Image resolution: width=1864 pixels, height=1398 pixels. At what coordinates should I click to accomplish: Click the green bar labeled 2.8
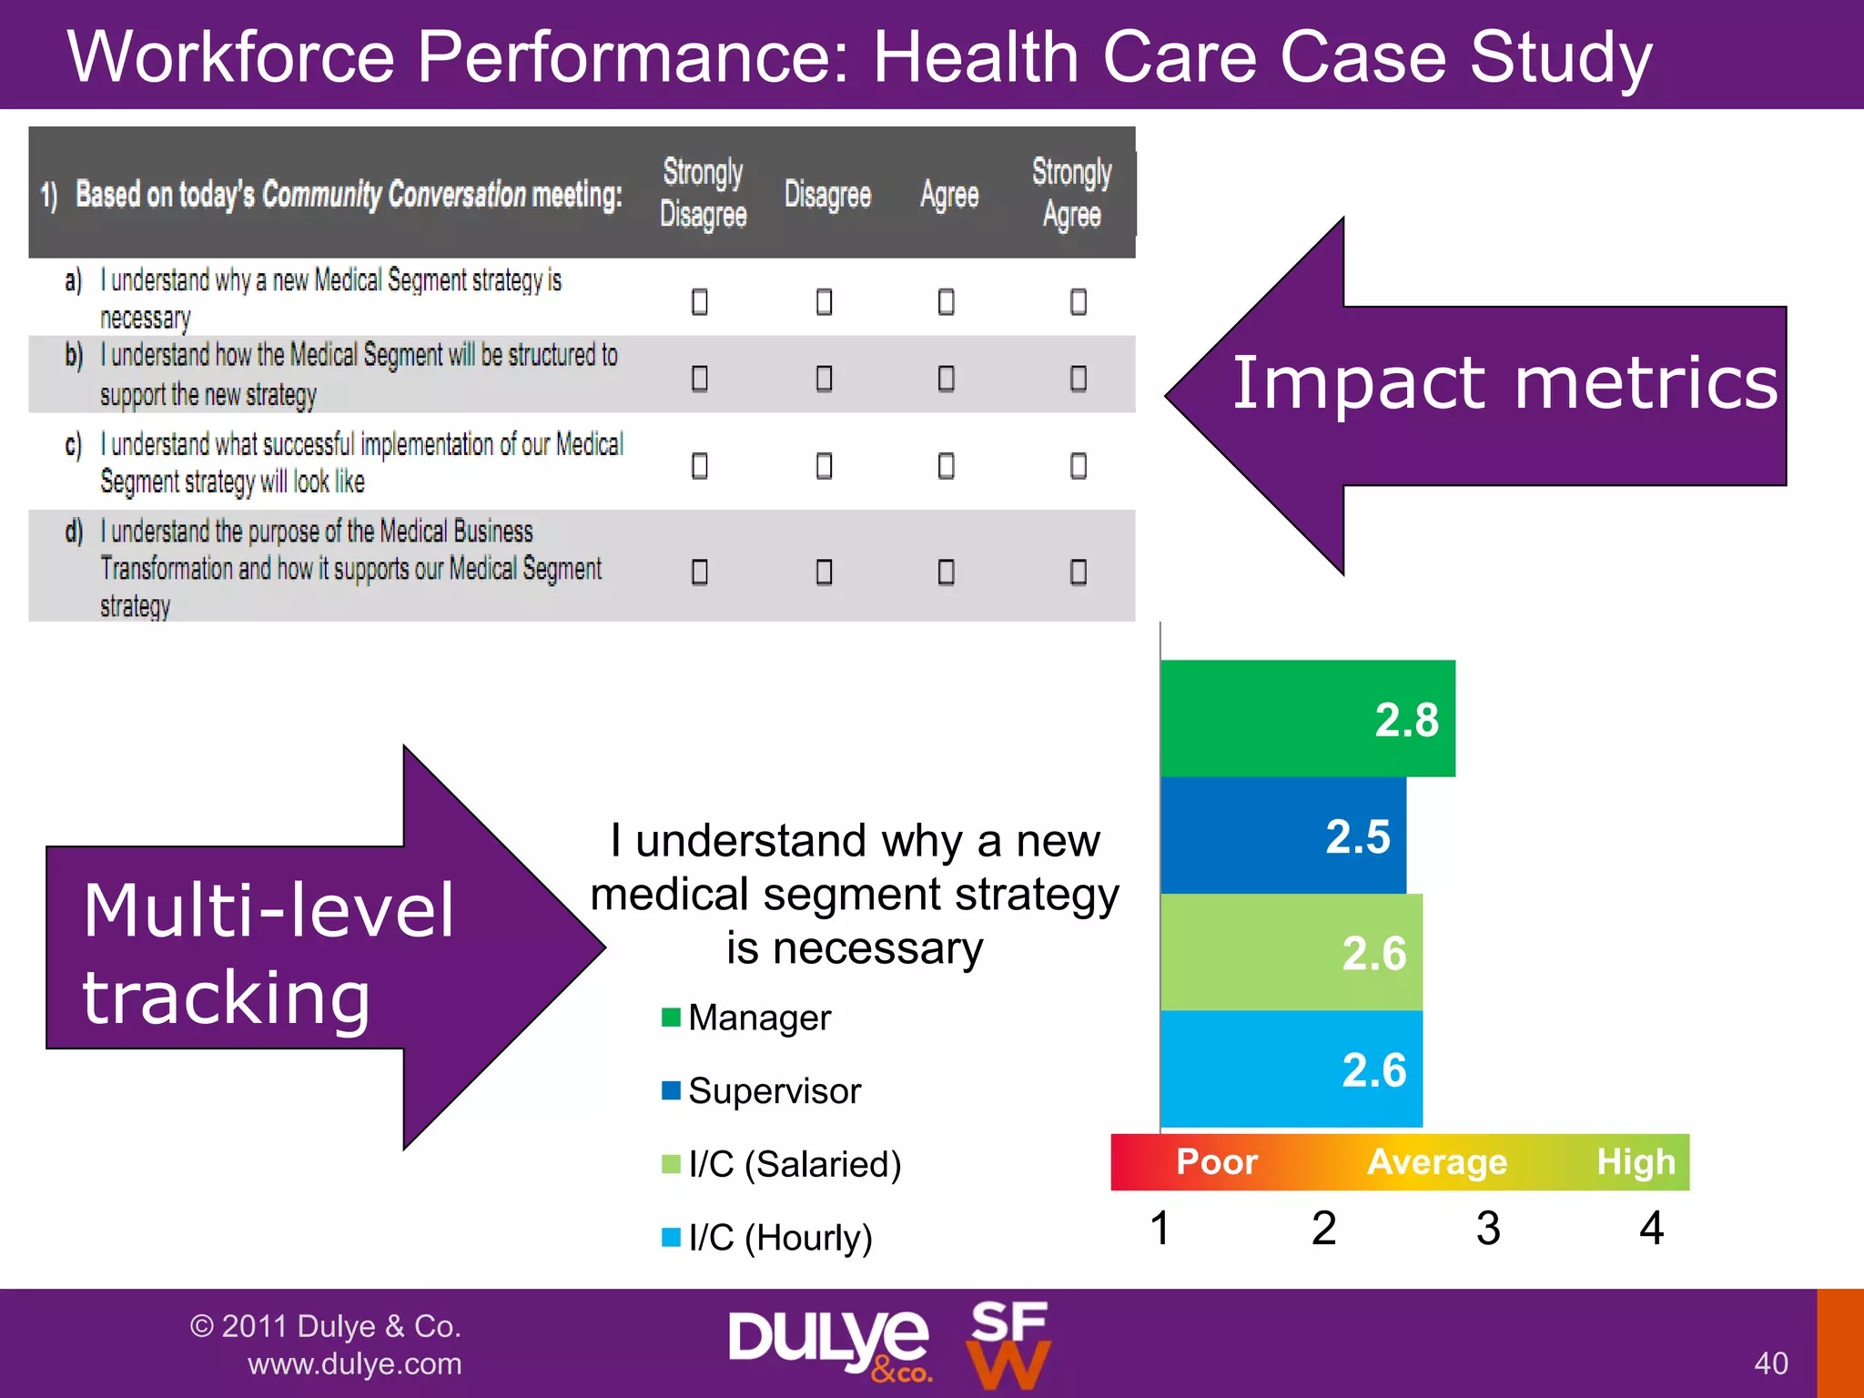(1307, 718)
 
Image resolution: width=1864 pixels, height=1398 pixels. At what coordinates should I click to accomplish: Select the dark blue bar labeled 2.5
(1282, 835)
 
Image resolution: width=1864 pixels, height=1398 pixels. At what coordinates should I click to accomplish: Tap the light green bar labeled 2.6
(1291, 952)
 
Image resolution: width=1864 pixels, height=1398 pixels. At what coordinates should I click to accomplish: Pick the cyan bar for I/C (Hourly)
(1291, 1069)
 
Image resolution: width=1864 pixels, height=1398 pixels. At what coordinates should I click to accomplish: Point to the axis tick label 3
(1488, 1229)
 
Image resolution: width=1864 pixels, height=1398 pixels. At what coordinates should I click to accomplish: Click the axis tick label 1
(1160, 1229)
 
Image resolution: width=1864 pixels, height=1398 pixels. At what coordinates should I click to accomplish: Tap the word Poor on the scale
(1216, 1162)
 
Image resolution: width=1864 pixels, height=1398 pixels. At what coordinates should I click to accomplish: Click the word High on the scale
(1636, 1162)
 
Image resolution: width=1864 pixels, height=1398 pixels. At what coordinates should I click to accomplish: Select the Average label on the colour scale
(1437, 1162)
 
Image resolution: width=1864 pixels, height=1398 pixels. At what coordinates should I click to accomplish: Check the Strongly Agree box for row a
(1078, 301)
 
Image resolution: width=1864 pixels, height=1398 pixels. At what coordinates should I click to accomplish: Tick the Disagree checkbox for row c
(824, 466)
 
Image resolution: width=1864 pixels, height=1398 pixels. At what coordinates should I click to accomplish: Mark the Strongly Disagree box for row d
(699, 572)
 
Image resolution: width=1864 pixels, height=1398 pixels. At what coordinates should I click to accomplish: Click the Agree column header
(948, 195)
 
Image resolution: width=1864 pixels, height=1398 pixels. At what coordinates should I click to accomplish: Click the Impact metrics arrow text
(1504, 383)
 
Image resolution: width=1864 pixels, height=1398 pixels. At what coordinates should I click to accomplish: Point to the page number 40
(1770, 1363)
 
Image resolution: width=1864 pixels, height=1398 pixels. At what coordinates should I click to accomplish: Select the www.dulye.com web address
(354, 1363)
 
